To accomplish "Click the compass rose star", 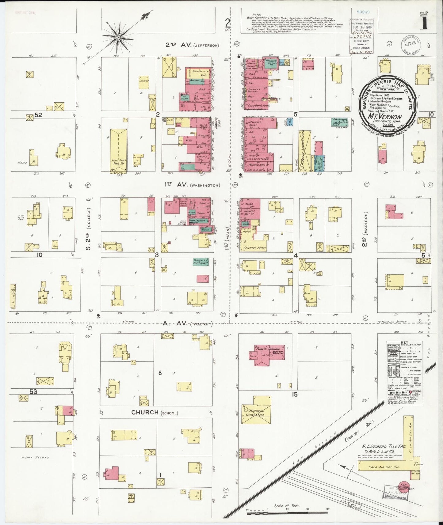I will [118, 37].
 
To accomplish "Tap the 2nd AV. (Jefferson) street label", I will [192, 45].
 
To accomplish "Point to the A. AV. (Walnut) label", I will [187, 324].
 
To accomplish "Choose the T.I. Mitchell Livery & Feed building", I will [256, 412].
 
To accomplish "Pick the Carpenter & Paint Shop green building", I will [201, 262].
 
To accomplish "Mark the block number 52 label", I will [38, 115].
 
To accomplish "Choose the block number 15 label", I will [294, 394].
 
